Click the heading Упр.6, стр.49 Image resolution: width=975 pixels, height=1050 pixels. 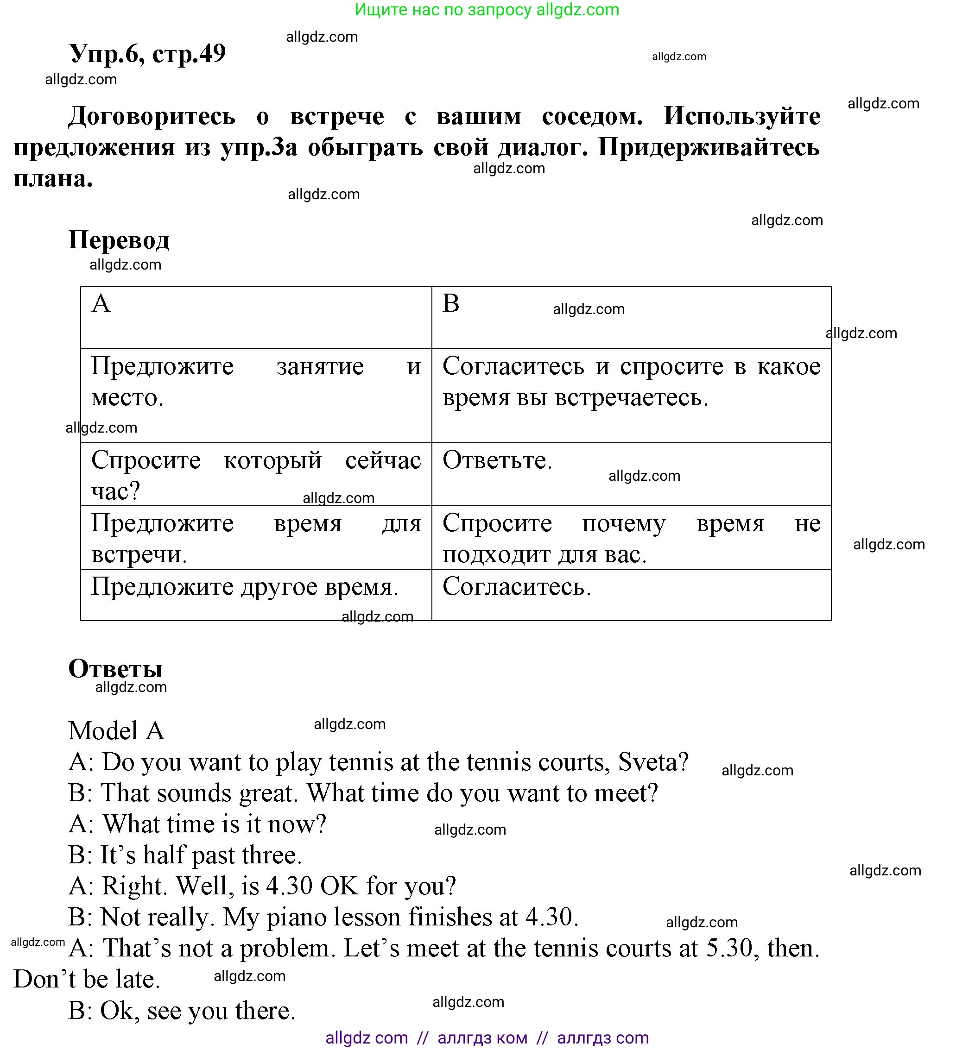click(x=147, y=53)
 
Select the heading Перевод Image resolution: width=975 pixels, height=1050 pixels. click(x=119, y=240)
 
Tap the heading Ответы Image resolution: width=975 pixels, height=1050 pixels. click(x=115, y=668)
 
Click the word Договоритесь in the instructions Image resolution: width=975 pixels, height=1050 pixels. click(x=152, y=115)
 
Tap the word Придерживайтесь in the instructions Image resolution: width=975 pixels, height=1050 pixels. click(x=709, y=147)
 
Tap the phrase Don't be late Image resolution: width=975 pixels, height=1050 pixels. click(x=87, y=979)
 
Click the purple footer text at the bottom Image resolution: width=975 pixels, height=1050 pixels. click(x=487, y=1038)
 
